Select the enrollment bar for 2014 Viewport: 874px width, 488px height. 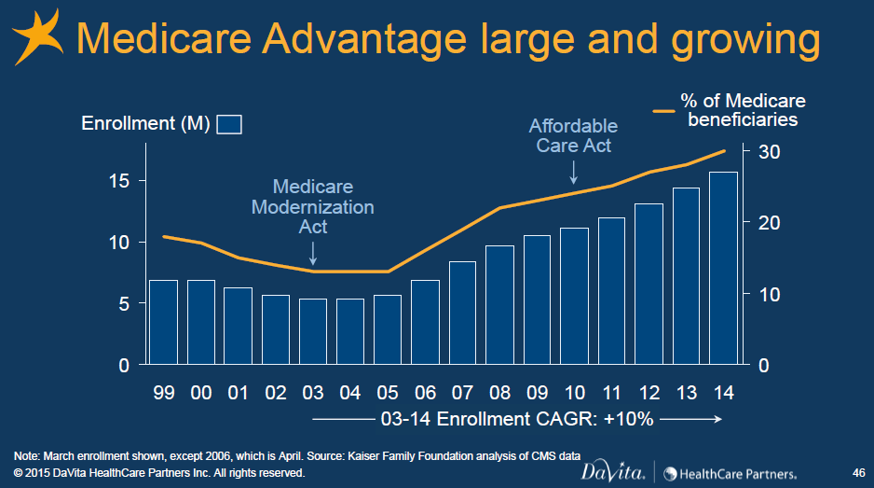coord(723,268)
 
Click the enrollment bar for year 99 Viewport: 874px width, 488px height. coord(163,322)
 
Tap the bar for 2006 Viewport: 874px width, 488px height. coord(425,322)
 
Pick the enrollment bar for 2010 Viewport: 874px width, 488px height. coord(574,296)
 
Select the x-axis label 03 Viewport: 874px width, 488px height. coord(313,393)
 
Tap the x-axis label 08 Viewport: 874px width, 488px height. coord(499,393)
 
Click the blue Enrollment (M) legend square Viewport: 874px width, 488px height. coord(229,124)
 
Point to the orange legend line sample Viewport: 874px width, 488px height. coord(663,111)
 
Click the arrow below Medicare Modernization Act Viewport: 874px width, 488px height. coord(313,254)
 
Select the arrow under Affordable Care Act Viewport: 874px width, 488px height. coord(574,173)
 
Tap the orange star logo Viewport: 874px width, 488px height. coord(38,36)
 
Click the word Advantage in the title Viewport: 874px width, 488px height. coord(364,39)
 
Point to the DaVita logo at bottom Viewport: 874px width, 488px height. coord(612,472)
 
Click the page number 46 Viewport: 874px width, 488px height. coord(858,473)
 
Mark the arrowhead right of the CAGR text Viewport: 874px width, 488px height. coord(717,419)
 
